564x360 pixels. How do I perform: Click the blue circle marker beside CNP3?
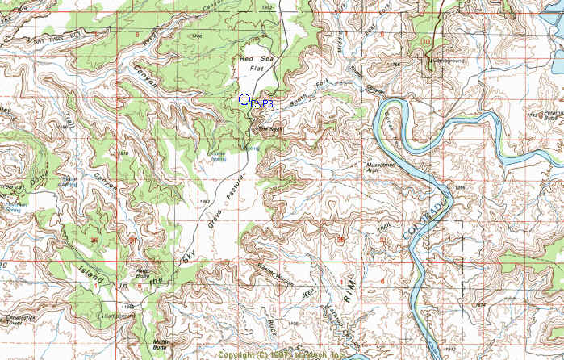(244, 99)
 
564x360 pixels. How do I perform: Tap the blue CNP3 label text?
(261, 104)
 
